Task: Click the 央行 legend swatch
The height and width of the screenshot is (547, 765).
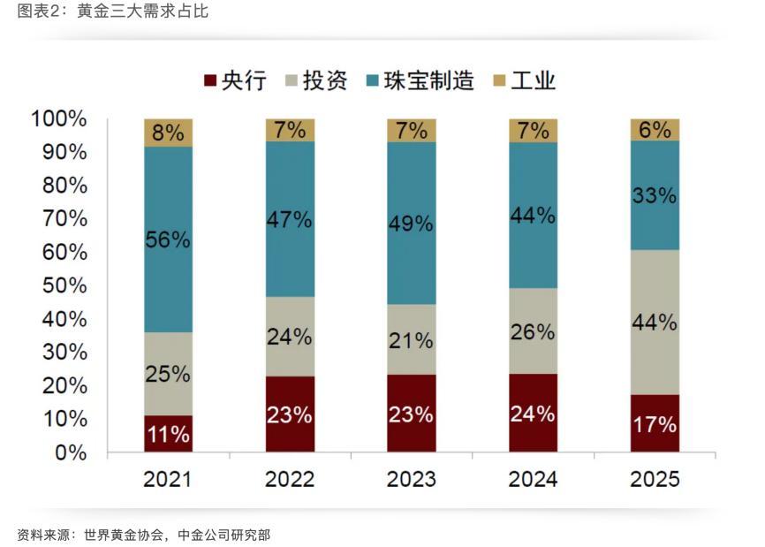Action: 209,81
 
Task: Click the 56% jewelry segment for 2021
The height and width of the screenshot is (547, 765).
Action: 168,239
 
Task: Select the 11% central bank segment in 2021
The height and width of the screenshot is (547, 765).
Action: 168,434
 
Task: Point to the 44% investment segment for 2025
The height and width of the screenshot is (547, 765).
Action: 655,323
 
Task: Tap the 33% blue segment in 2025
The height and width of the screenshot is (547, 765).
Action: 655,195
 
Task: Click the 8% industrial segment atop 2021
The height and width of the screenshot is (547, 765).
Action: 168,133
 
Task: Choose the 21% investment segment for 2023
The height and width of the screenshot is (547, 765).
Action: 411,339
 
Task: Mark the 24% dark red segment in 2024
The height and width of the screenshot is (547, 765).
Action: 533,413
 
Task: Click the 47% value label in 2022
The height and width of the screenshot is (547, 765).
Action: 290,220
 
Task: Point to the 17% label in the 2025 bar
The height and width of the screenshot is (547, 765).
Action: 655,424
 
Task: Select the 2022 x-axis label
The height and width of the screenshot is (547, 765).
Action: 290,479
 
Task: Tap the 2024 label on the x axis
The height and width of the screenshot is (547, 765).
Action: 533,479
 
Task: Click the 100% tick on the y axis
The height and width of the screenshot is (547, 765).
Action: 58,118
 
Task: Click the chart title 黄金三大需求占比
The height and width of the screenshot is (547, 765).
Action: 143,12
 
